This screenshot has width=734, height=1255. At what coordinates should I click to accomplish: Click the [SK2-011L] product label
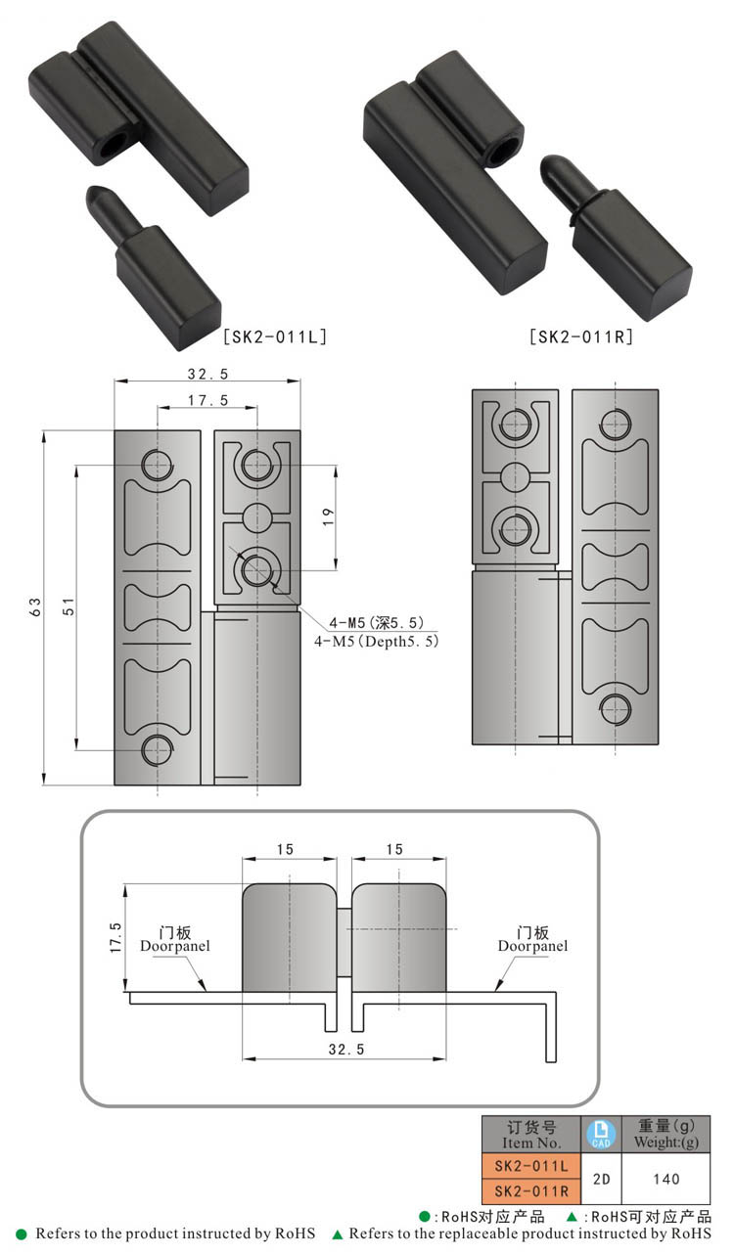[275, 336]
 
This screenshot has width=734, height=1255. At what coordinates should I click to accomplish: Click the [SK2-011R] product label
[580, 336]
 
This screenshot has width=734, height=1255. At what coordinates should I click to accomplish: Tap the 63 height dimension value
[35, 606]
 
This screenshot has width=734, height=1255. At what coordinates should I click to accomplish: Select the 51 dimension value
[68, 606]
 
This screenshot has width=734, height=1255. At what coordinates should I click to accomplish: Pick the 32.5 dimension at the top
[207, 374]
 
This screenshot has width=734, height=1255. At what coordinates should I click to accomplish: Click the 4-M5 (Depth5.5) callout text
[377, 642]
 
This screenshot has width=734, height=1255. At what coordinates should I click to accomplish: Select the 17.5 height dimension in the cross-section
[115, 937]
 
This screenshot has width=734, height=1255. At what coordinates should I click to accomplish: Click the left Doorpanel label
[174, 946]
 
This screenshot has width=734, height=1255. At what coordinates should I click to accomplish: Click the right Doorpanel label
[532, 946]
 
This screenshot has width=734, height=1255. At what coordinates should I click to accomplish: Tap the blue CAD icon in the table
[601, 1135]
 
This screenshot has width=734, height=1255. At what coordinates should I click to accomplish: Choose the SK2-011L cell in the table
[530, 1166]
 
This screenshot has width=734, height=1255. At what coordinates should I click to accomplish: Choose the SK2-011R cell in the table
[530, 1191]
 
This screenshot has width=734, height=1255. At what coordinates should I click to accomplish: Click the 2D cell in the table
[601, 1179]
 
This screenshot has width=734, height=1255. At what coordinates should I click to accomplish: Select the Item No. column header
[530, 1135]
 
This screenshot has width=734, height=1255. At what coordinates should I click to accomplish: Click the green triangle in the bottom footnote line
[338, 1234]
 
